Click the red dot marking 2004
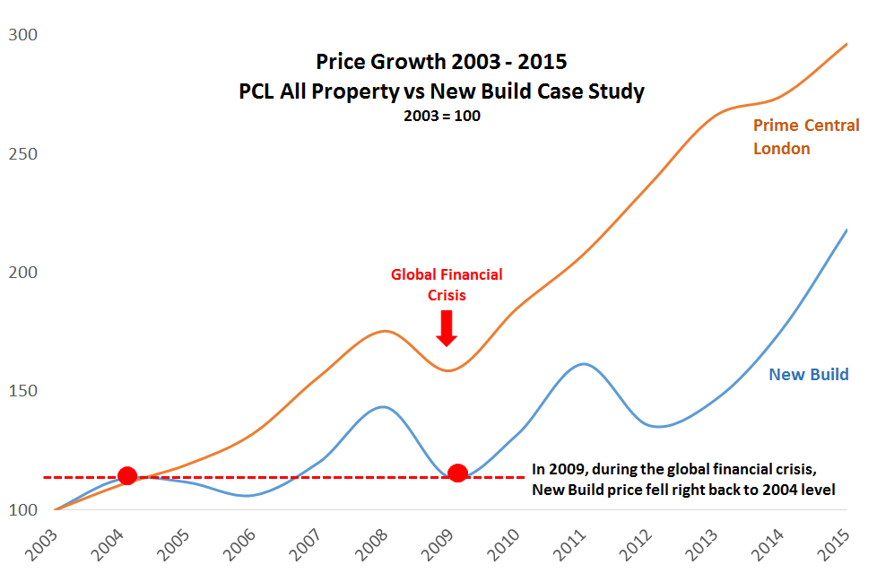(127, 475)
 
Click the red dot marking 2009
(457, 473)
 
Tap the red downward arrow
(447, 327)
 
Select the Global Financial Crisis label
(447, 283)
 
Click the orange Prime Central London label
(804, 137)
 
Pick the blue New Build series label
(808, 375)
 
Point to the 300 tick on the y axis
(23, 35)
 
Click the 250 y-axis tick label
(23, 153)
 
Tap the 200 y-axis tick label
(23, 273)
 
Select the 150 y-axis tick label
(23, 391)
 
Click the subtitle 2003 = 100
(441, 116)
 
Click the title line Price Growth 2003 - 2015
(441, 62)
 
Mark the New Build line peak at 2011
(584, 364)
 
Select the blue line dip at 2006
(247, 496)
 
